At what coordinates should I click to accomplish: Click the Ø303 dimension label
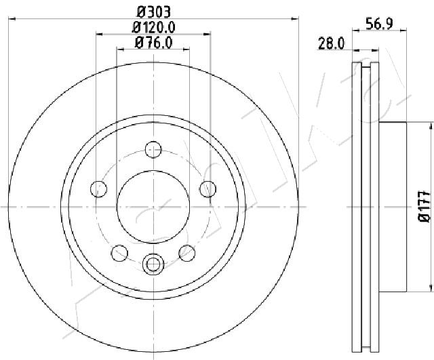click(154, 12)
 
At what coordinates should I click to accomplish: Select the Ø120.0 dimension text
click(154, 27)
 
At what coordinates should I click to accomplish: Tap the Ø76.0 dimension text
click(154, 43)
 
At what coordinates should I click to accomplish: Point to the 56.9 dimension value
click(379, 23)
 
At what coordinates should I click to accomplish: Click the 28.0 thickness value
click(332, 43)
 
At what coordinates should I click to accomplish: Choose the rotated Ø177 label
click(425, 206)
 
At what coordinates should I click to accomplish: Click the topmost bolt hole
click(153, 149)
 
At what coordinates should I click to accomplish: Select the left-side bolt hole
click(98, 189)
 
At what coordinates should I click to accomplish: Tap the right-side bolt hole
click(208, 189)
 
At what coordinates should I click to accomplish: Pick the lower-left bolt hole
click(119, 253)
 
